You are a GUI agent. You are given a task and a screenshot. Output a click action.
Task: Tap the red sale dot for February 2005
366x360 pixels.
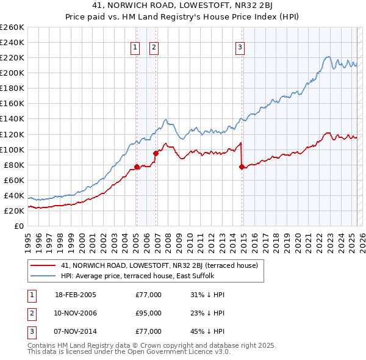click(137, 167)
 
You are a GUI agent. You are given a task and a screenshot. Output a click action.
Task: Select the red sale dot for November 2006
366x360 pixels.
click(156, 153)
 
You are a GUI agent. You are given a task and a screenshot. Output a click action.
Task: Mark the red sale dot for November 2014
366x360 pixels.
click(242, 167)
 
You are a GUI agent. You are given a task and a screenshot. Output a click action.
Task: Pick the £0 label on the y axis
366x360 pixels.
click(19, 226)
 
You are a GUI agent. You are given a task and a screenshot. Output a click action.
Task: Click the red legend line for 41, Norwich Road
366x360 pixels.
click(43, 265)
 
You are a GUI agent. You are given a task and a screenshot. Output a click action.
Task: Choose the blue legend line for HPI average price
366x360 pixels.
click(43, 276)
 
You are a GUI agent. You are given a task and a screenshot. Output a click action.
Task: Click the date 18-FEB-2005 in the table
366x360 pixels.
click(76, 295)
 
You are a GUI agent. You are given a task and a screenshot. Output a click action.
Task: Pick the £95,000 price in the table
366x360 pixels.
click(148, 313)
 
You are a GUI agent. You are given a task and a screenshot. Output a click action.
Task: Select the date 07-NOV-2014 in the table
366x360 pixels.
click(76, 331)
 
